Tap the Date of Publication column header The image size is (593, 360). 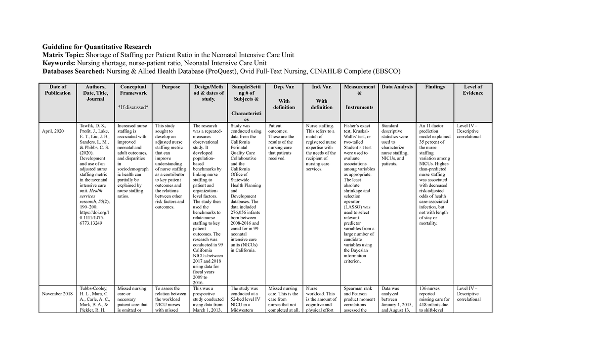57,90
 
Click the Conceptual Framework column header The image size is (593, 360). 133,90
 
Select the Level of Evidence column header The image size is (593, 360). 473,90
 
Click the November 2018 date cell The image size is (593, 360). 57,293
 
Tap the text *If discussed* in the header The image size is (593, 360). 133,107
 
